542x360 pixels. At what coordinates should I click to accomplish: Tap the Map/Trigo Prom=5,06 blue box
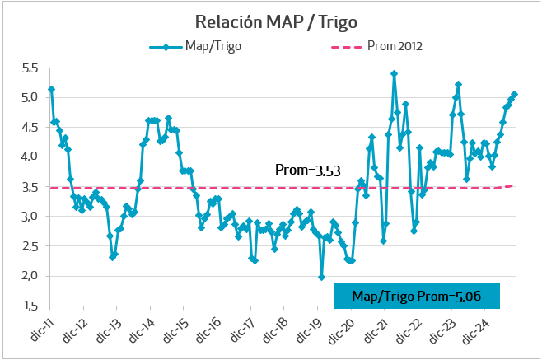click(x=417, y=296)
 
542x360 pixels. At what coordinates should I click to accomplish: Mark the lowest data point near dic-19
click(x=321, y=278)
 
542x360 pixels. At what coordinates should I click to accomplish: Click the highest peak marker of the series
click(x=395, y=74)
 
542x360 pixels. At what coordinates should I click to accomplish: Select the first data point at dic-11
click(x=51, y=89)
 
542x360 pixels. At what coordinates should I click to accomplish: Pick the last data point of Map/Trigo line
click(x=515, y=94)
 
